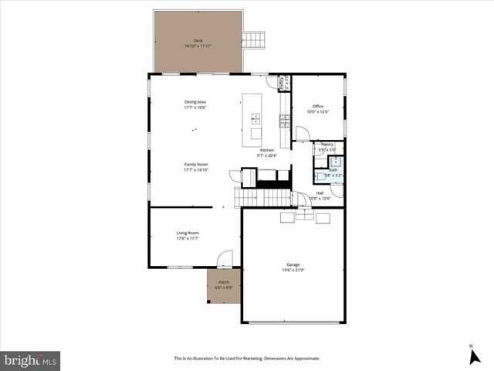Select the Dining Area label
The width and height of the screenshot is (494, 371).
pyautogui.click(x=195, y=102)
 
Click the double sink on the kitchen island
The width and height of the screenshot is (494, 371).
pyautogui.click(x=255, y=118)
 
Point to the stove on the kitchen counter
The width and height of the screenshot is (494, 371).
pyautogui.click(x=284, y=119)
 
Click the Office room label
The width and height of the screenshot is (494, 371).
pyautogui.click(x=317, y=106)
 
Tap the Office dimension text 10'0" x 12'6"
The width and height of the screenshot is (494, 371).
pyautogui.click(x=318, y=112)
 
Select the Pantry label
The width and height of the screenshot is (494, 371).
pyautogui.click(x=327, y=144)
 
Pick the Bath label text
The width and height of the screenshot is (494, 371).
pyautogui.click(x=333, y=170)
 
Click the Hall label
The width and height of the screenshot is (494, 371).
pyautogui.click(x=320, y=193)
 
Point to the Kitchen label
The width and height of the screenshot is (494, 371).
pyautogui.click(x=266, y=150)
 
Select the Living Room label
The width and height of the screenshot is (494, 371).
pyautogui.click(x=188, y=233)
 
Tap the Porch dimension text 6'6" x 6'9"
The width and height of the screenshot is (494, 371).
pyautogui.click(x=224, y=288)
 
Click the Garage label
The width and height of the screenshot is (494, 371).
pyautogui.click(x=293, y=264)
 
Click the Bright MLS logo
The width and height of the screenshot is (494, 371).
pyautogui.click(x=31, y=360)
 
